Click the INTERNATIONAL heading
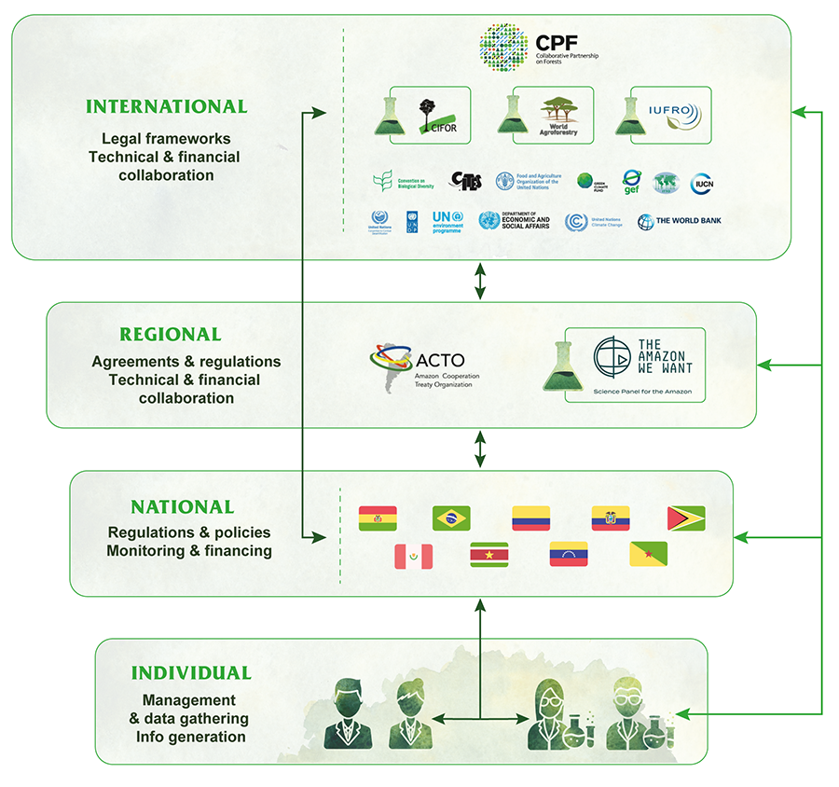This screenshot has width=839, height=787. click(x=167, y=106)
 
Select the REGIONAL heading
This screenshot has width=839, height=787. click(x=171, y=334)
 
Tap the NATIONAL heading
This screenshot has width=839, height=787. click(x=183, y=507)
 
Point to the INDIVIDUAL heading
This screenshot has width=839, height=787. click(x=191, y=673)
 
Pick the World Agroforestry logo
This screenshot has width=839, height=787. click(x=562, y=116)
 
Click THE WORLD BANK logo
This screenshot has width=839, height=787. click(x=680, y=221)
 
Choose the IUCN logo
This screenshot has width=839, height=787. click(x=702, y=184)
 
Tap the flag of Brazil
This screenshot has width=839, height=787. click(x=451, y=518)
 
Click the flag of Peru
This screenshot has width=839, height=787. click(x=414, y=557)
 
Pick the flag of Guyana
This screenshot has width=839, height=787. click(x=686, y=518)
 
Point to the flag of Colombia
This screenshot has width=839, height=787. click(x=530, y=518)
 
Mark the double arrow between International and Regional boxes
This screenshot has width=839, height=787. click(x=480, y=281)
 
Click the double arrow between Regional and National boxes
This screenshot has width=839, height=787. click(x=480, y=449)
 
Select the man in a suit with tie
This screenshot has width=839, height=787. click(x=348, y=714)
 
